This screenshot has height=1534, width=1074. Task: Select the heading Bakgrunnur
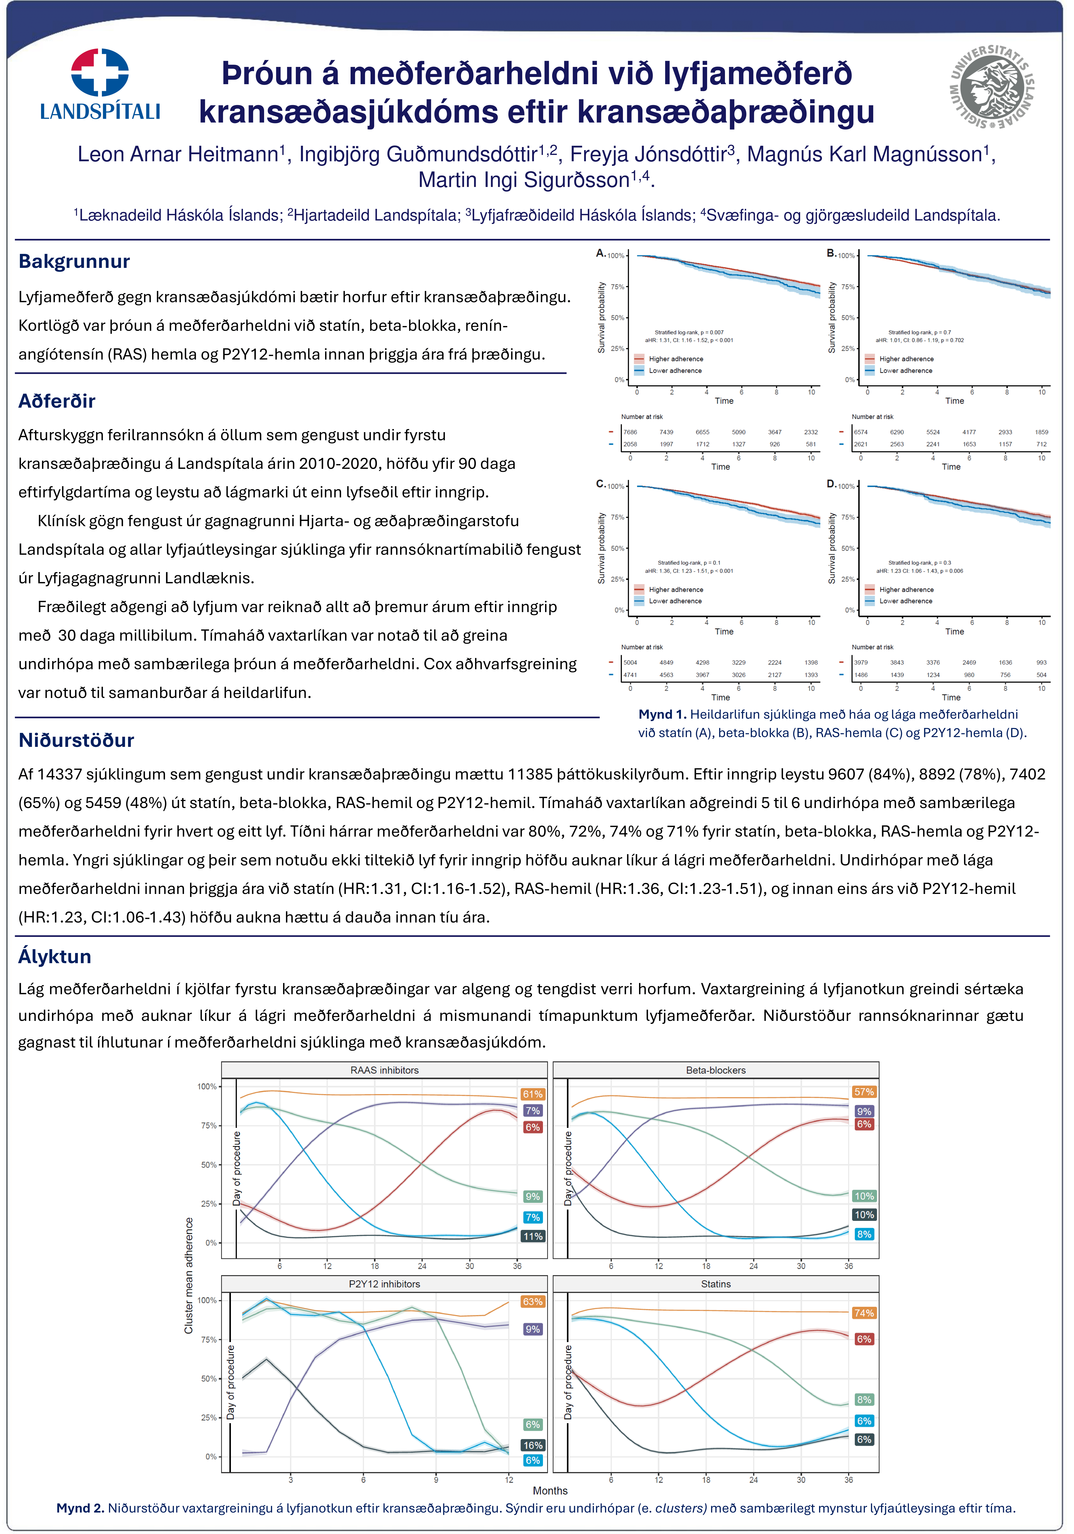[x=74, y=261]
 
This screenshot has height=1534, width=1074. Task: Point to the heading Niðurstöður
[x=76, y=740]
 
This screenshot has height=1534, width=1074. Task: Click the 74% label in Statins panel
[x=863, y=1313]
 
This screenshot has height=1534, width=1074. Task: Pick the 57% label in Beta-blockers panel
[x=863, y=1092]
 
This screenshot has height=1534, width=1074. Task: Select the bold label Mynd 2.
[x=80, y=1508]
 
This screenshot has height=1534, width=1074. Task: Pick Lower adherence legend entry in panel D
[x=906, y=601]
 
